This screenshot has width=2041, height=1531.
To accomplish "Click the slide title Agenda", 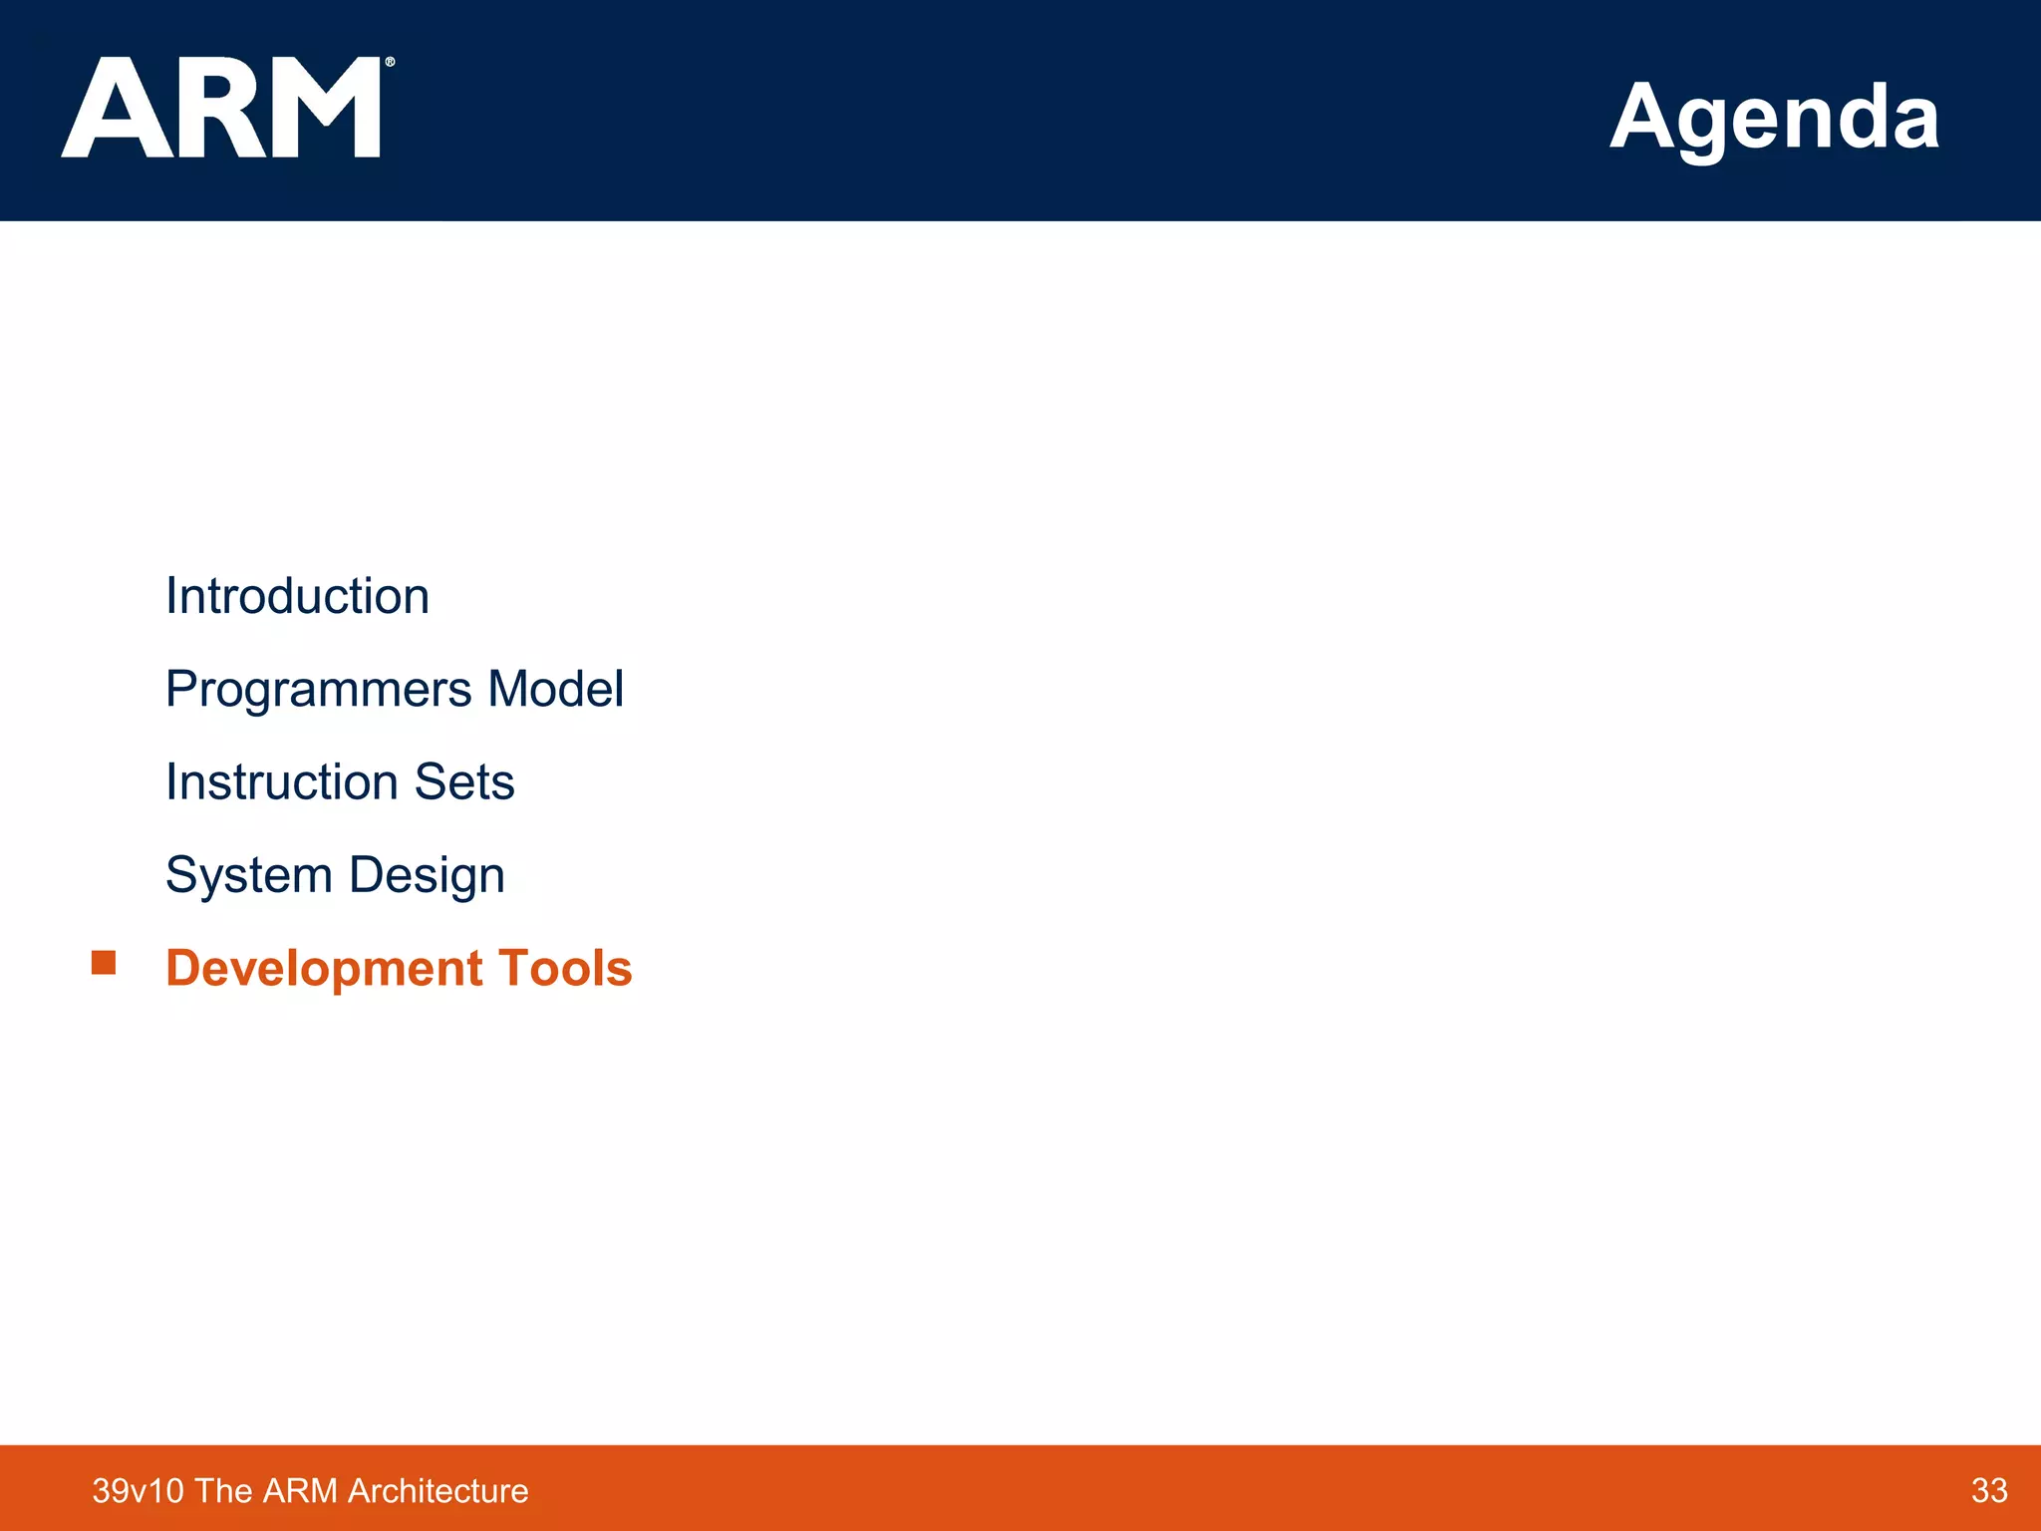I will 1774,118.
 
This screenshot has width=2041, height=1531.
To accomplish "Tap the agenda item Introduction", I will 297,596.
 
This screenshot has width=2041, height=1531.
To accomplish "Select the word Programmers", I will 318,690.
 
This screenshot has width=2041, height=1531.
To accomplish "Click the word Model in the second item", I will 555,689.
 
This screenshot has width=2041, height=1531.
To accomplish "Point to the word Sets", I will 464,781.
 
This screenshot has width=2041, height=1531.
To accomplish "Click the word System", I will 248,875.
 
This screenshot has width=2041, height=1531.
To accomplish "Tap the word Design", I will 427,875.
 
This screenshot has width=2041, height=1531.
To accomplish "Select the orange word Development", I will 324,968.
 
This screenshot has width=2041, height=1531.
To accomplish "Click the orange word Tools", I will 565,968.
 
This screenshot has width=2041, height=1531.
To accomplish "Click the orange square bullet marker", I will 104,962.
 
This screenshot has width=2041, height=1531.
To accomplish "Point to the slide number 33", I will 1988,1490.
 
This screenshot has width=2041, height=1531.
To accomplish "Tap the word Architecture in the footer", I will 437,1491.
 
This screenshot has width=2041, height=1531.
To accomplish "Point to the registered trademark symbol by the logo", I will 390,62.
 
